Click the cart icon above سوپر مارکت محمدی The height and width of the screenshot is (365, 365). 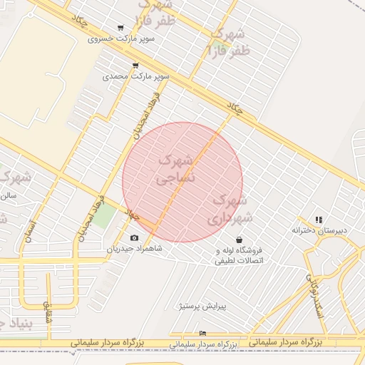coord(135,66)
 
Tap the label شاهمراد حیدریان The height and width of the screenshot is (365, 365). coord(135,249)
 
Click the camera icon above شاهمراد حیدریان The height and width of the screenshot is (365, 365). coord(135,238)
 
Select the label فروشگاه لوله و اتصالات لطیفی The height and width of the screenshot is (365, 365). coord(240,255)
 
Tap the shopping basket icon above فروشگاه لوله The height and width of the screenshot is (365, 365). coord(238,240)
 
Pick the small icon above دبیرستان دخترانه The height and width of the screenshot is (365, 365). coord(319,220)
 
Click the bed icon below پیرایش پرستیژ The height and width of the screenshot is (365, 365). coord(202,333)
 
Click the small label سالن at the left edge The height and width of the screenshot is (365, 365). coord(9,194)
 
